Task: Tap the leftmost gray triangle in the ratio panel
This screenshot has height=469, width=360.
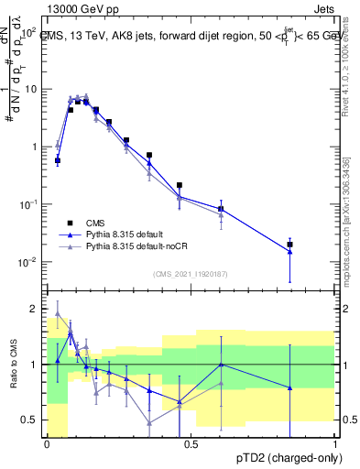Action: pyautogui.click(x=58, y=313)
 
